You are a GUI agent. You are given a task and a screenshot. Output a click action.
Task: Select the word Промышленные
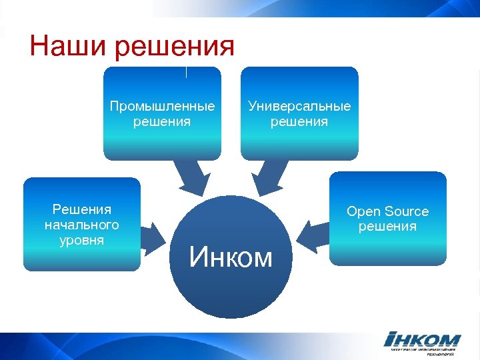point(162,107)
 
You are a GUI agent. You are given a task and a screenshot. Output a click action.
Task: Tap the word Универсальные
point(299,107)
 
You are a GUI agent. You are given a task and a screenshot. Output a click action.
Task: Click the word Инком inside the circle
point(231,257)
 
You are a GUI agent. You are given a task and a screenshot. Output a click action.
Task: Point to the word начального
point(82,225)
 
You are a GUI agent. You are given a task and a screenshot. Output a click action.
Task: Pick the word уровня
point(82,239)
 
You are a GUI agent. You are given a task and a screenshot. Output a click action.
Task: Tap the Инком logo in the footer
point(422,339)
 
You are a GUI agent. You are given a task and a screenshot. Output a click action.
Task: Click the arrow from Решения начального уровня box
point(153,235)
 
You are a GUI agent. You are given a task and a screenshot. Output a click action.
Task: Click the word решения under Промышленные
point(162,121)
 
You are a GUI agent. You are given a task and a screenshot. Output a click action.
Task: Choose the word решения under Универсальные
point(299,121)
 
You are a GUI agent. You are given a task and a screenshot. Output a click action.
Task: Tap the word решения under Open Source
point(387,227)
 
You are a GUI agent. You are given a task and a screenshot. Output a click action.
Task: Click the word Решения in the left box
point(82,210)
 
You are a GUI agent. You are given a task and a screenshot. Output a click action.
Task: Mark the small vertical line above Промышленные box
point(186,71)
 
